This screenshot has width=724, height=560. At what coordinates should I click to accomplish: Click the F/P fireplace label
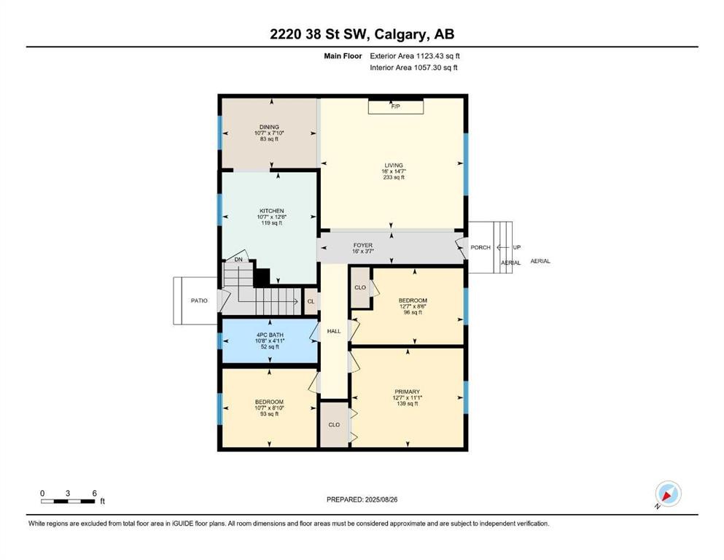point(395,107)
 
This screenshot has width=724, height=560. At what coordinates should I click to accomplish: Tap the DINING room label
point(269,127)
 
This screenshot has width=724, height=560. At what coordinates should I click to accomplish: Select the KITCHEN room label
point(270,211)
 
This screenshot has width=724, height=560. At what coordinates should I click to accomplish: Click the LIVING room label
point(394,166)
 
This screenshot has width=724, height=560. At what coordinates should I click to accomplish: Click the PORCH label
point(480,248)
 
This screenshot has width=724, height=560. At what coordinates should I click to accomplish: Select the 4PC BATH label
point(270,335)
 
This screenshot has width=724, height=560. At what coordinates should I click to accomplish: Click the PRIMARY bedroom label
point(407,392)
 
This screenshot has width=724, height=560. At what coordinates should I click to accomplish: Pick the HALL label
point(334,331)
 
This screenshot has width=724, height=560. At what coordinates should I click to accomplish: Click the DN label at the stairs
point(238,260)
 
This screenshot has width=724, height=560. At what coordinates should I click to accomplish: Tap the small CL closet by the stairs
point(311,301)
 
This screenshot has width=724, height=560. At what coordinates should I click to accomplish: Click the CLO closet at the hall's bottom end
point(334,424)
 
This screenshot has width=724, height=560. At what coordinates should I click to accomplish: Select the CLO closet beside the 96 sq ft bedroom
point(360,287)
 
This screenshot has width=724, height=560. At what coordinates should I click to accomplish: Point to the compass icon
point(668,494)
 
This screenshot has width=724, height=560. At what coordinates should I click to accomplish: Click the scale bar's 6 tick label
point(94,493)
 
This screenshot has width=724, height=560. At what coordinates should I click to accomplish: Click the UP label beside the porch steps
point(516,248)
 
